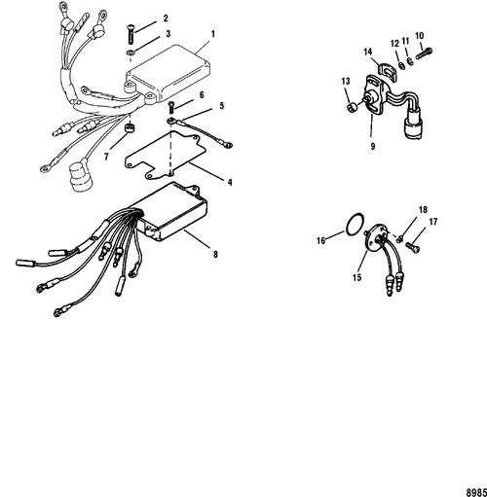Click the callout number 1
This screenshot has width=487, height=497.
pos(213,34)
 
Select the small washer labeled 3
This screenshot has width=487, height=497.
pos(131,52)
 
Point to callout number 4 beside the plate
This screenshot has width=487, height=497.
pos(230,182)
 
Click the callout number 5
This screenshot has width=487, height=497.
pos(222,106)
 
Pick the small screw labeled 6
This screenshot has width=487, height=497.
pos(171,106)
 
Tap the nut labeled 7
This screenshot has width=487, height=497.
pos(131,127)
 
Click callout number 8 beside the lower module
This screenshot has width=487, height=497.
pos(215,255)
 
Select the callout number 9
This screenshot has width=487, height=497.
pos(373,146)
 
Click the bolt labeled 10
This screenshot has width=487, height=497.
pos(425,53)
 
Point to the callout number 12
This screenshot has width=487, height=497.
pos(395,44)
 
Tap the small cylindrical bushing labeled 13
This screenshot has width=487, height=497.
pos(351,107)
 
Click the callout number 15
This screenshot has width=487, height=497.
pos(356,277)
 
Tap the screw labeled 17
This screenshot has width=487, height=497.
pos(413,248)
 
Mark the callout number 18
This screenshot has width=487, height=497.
pos(423,210)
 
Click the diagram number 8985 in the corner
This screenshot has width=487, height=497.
pos(477,492)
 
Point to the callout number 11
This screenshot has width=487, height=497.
pos(406,41)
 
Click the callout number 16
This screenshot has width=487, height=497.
pos(320,240)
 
